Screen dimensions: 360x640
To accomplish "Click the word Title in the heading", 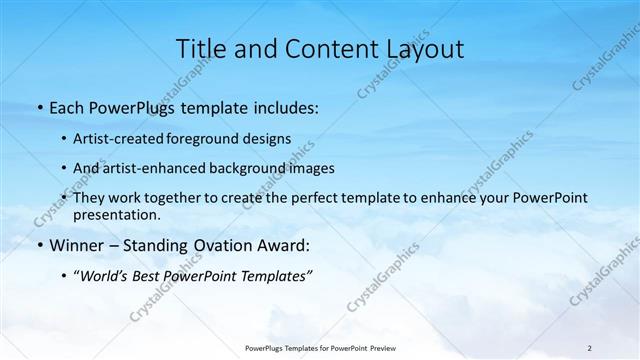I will pyautogui.click(x=200, y=49).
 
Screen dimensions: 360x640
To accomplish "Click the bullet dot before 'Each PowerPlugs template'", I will pyautogui.click(x=39, y=107).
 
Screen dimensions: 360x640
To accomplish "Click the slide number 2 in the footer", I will pyautogui.click(x=590, y=348).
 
